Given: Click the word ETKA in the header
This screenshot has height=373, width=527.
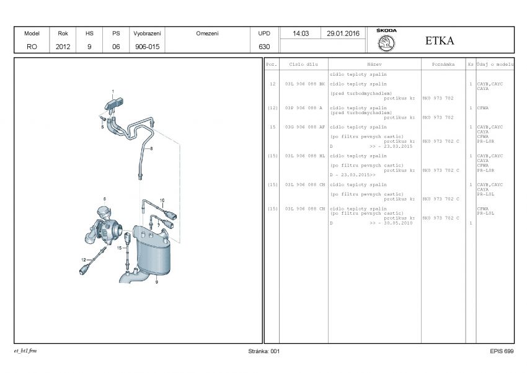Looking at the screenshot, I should (440, 41).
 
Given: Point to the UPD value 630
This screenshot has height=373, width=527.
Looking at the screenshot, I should (263, 47).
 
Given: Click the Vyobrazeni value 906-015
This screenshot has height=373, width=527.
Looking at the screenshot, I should (147, 47).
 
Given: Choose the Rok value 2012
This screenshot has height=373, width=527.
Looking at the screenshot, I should (63, 47).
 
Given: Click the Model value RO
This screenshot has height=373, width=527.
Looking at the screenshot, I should (32, 47).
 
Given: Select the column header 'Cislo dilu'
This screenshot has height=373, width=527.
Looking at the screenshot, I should (304, 64).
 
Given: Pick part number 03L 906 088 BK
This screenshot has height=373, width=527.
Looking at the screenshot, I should (304, 83).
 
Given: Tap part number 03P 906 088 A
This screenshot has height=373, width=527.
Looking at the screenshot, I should (303, 107).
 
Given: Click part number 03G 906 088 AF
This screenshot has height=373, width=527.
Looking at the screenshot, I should (304, 127).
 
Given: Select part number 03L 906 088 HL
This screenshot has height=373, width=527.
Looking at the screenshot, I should (304, 156).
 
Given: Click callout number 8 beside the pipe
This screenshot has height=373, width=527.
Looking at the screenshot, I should (151, 148).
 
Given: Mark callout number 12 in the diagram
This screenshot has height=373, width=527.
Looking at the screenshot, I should (83, 259).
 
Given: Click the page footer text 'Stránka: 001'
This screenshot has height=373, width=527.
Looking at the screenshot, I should (263, 351).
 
